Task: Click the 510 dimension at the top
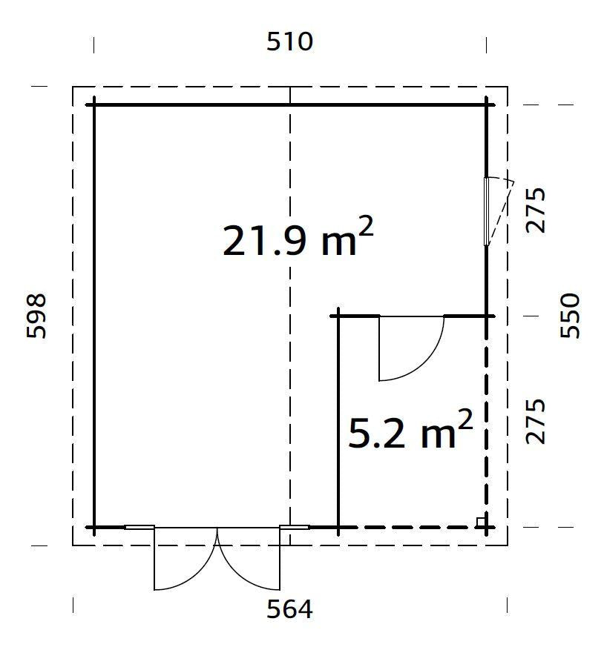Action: tap(289, 42)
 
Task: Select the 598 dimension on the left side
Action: tap(36, 316)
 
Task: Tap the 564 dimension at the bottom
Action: tap(289, 609)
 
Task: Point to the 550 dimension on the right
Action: tap(569, 316)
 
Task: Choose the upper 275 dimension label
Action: tap(536, 210)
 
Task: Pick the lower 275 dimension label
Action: tap(536, 422)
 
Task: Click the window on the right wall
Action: tap(488, 211)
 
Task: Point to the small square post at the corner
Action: tap(482, 522)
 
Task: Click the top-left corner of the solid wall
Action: tap(94, 105)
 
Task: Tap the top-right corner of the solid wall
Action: tap(487, 105)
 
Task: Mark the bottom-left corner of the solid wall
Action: tap(94, 527)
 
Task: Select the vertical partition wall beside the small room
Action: tap(338, 422)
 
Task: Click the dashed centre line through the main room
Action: tap(289, 371)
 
